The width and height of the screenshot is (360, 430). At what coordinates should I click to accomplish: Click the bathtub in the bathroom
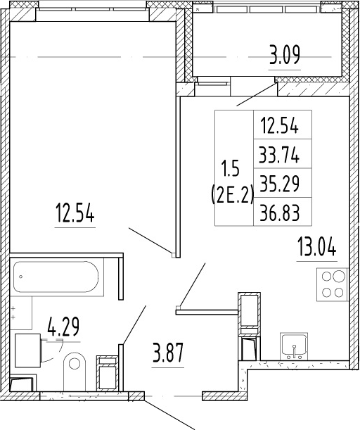point(56,277)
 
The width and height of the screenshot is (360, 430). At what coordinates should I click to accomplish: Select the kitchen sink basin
point(294,346)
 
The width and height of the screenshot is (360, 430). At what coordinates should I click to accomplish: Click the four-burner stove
point(333,284)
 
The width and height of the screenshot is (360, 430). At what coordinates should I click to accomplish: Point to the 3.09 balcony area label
point(285,55)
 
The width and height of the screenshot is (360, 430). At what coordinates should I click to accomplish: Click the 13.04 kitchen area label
point(316,246)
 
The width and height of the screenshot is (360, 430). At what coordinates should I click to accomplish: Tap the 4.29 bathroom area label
point(63,327)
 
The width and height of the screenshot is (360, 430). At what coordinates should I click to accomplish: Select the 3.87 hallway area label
point(167,353)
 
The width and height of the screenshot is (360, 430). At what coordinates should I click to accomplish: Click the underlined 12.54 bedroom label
point(75,213)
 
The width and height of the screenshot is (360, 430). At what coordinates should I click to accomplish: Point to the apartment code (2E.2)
point(232,196)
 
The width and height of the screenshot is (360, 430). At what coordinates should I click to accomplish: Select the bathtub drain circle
point(21,277)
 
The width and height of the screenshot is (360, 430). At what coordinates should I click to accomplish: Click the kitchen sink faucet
point(294,351)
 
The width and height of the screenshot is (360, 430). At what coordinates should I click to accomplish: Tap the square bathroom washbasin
point(27,350)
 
